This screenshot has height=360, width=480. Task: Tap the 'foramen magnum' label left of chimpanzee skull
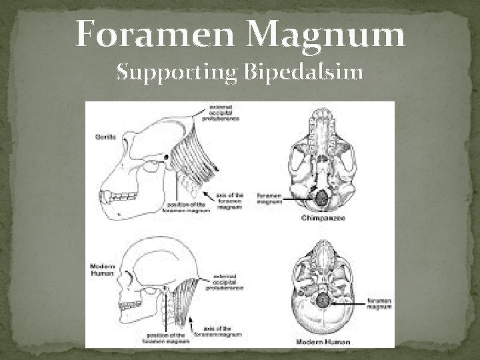point(270,198)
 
